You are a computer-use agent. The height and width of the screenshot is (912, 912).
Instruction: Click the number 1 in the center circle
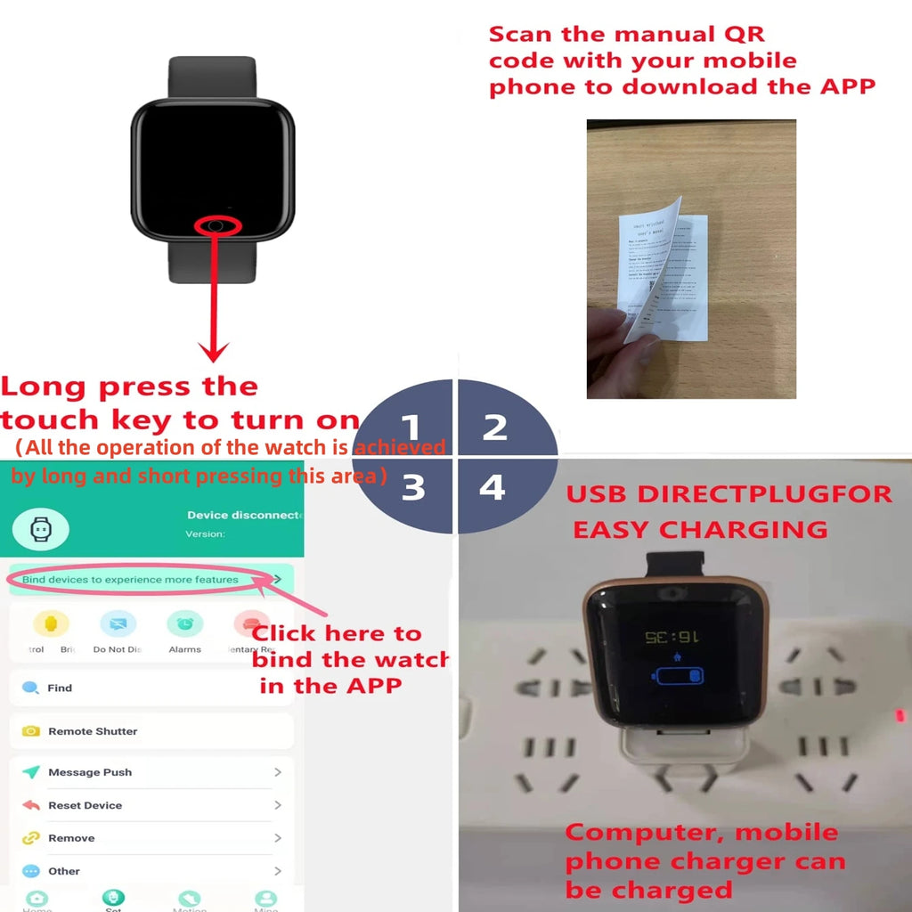410,427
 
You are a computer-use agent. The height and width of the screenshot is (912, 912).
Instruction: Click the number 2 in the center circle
495,427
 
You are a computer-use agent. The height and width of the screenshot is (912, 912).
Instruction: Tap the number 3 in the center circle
412,488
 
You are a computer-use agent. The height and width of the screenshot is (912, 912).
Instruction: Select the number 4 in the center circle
493,487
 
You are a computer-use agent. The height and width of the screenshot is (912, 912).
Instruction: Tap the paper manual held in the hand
664,276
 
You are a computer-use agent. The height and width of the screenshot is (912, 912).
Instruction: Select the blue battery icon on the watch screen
679,674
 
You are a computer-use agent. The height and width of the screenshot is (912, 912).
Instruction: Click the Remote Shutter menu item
93,731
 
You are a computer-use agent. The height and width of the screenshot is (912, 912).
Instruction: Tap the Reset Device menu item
85,805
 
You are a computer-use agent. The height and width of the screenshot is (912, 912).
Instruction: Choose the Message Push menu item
89,772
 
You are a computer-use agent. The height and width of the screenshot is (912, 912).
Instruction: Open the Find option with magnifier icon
59,688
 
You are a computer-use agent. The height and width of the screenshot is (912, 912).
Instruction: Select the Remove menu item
71,838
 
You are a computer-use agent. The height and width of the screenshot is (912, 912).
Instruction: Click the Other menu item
64,871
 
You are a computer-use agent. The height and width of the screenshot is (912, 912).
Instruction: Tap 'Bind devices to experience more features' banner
131,580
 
